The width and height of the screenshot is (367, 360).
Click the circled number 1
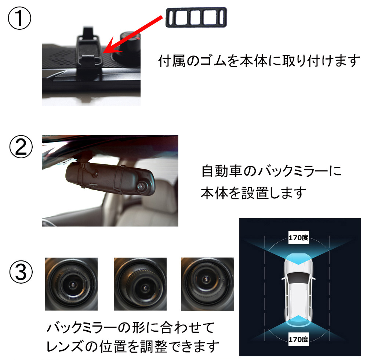[x=19, y=18]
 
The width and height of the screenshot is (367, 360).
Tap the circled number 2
[x=21, y=147]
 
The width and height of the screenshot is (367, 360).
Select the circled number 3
[x=21, y=272]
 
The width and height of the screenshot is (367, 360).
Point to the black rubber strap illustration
[x=196, y=17]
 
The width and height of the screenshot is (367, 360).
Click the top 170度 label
[x=298, y=238]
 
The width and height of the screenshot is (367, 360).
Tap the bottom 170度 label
[x=298, y=339]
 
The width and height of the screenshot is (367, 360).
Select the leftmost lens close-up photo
[x=71, y=284]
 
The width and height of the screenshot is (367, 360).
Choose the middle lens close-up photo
[x=140, y=284]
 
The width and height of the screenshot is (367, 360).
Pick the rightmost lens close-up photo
[x=207, y=284]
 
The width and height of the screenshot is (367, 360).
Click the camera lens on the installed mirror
[x=141, y=187]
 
